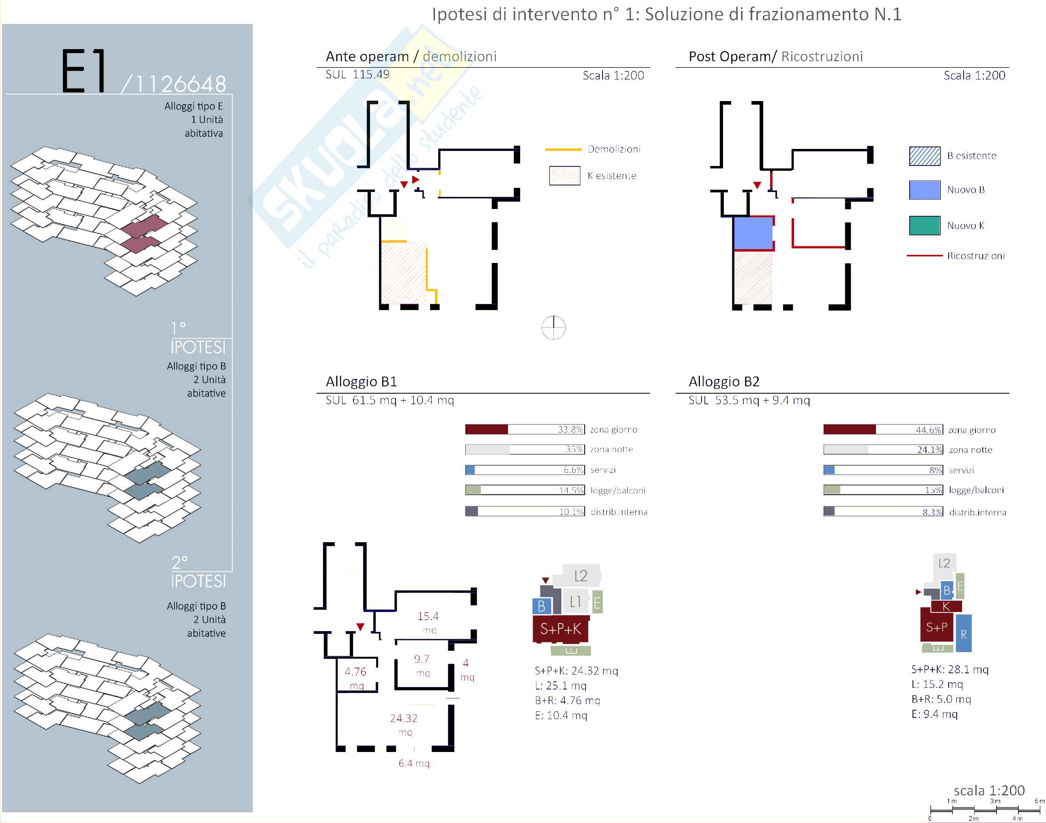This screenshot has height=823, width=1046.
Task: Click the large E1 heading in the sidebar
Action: click(x=84, y=71)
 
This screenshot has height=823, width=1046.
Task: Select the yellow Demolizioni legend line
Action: click(x=563, y=149)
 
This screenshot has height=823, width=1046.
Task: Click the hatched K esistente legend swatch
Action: click(x=564, y=175)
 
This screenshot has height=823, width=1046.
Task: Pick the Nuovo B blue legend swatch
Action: click(x=924, y=190)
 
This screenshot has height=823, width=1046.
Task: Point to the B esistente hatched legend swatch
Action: click(x=924, y=156)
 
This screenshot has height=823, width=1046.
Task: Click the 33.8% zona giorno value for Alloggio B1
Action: click(x=570, y=429)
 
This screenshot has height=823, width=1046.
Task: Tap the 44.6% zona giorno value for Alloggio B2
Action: click(x=928, y=430)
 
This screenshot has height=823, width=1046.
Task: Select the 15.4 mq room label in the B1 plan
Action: click(x=428, y=622)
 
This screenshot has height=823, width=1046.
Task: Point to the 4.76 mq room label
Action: click(x=355, y=677)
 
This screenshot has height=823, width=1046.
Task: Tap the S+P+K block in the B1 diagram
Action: click(x=560, y=629)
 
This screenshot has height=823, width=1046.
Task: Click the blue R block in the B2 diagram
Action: click(x=963, y=633)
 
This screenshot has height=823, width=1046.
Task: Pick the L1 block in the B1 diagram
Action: click(x=575, y=601)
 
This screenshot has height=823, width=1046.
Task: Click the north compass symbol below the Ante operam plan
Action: click(x=553, y=327)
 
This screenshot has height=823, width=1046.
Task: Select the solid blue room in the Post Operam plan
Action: click(x=753, y=233)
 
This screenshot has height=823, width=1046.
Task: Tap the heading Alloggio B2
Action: click(x=724, y=381)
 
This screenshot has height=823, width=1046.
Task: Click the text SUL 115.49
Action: click(x=357, y=75)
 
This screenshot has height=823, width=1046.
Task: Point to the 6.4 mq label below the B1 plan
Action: click(x=414, y=763)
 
